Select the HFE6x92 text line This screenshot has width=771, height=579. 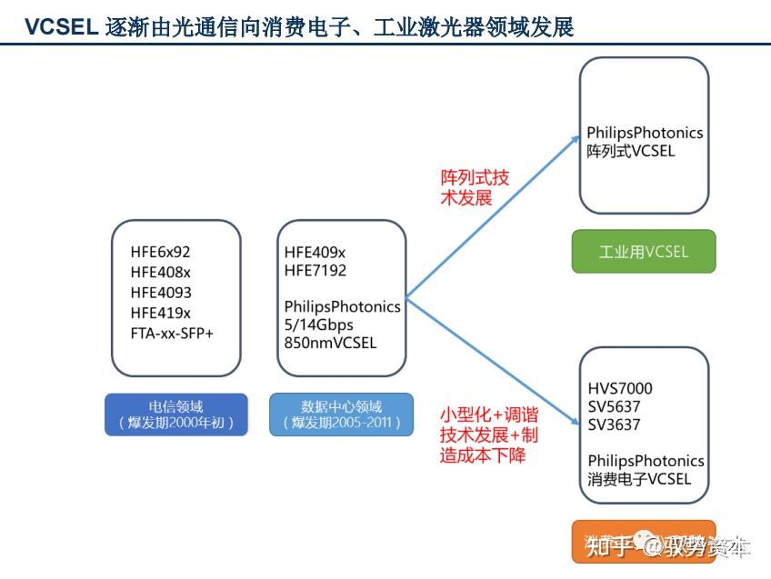(x=161, y=252)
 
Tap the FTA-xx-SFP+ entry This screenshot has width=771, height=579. (x=172, y=333)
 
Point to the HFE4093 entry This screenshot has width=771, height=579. (x=161, y=292)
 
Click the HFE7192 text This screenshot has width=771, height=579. (x=315, y=270)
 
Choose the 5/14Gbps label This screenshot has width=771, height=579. (x=318, y=324)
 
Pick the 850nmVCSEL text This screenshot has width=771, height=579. (x=330, y=343)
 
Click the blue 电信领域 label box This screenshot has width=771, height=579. (x=175, y=414)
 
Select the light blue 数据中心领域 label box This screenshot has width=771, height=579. (x=341, y=414)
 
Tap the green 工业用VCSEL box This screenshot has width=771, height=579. (x=643, y=252)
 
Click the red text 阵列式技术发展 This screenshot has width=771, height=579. (x=475, y=187)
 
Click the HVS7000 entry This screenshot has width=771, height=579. (x=620, y=388)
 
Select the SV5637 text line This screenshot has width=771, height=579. (x=614, y=406)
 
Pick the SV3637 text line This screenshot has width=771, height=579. (x=614, y=424)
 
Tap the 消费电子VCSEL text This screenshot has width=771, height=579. (x=639, y=479)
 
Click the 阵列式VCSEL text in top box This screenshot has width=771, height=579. (x=631, y=151)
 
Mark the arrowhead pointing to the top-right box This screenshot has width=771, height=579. (x=574, y=138)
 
